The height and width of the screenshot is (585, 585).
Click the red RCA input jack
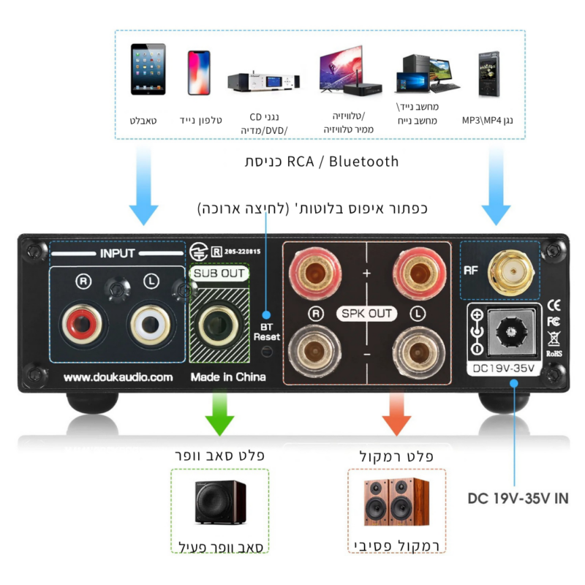pyautogui.click(x=82, y=324)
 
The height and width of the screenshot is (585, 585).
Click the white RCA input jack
pyautogui.click(x=150, y=324)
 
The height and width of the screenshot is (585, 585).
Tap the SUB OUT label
pyautogui.click(x=219, y=273)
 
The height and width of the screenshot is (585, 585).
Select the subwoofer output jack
pyautogui.click(x=219, y=325)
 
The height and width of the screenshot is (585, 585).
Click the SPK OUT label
pyautogui.click(x=366, y=314)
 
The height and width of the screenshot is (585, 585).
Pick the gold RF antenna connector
pyautogui.click(x=511, y=272)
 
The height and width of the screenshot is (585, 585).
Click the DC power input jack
pyautogui.click(x=511, y=331)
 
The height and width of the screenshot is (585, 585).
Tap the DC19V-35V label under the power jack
pyautogui.click(x=503, y=369)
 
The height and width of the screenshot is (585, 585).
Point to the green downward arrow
pyautogui.click(x=220, y=413)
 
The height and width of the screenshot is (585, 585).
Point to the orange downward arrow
pyautogui.click(x=396, y=413)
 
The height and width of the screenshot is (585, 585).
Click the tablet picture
pyautogui.click(x=148, y=69)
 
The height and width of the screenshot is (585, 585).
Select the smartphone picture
pyautogui.click(x=199, y=72)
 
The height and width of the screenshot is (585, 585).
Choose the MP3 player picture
pyautogui.click(x=488, y=75)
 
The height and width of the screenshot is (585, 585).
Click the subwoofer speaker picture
pyautogui.click(x=221, y=502)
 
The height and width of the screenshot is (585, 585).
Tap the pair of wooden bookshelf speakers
pyautogui.click(x=396, y=502)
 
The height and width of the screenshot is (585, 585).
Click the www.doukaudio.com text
pyautogui.click(x=118, y=377)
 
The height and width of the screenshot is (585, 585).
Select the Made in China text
pyautogui.click(x=228, y=377)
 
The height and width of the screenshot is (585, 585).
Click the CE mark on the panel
pyautogui.click(x=554, y=306)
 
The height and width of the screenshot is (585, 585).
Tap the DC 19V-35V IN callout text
pyautogui.click(x=518, y=499)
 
